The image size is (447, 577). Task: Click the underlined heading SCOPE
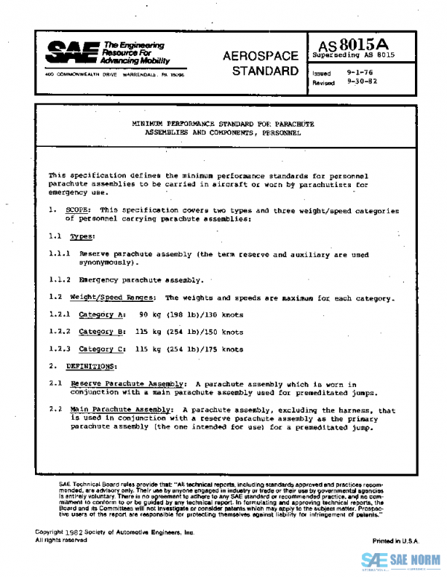pos(78,211)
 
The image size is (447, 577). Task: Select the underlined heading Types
pos(82,236)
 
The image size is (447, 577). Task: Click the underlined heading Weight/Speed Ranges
pos(112,297)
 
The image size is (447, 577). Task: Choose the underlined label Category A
pos(102,315)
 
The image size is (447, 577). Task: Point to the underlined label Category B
pos(102,332)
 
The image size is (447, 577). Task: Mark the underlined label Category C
pos(102,349)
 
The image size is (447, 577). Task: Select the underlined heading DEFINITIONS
pos(91,366)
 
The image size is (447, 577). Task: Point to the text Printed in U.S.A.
pos(396,540)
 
